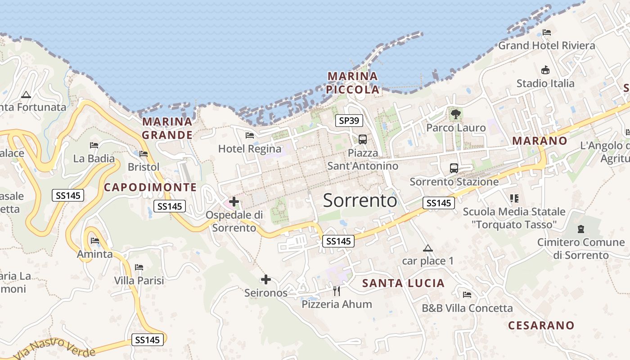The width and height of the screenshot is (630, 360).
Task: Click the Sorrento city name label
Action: coord(360,200)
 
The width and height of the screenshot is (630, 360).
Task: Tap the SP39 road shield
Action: coord(349,121)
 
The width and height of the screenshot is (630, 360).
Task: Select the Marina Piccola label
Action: coord(353,83)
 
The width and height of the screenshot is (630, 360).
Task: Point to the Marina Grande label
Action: coord(167,128)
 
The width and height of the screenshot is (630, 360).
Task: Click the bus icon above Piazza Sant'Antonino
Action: coord(363,139)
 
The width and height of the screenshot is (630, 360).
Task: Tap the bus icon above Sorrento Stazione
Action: coord(454,168)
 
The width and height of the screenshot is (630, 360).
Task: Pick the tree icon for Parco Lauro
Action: coord(456,114)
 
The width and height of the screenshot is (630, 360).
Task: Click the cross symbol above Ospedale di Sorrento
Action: coord(234,201)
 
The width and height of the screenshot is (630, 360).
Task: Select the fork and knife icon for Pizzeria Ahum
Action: coord(337,291)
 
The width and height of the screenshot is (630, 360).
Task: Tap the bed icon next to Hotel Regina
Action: coord(250,135)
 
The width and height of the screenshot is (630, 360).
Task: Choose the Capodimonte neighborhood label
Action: coord(150,187)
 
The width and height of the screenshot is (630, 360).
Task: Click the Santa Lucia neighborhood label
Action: coord(403,283)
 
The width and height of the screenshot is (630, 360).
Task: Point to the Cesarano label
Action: coord(541,325)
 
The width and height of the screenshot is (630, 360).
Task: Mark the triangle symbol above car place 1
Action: coord(428,248)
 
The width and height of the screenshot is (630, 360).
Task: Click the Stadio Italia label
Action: coord(545,83)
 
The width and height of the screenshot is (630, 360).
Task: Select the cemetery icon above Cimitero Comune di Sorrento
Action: coord(581,229)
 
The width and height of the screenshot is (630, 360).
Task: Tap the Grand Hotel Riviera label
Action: coord(546,45)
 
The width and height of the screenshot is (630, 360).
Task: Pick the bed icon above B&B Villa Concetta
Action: coord(467,295)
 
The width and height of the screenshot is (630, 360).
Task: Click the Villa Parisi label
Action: coord(139,280)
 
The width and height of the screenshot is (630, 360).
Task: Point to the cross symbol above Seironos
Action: coord(266,279)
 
